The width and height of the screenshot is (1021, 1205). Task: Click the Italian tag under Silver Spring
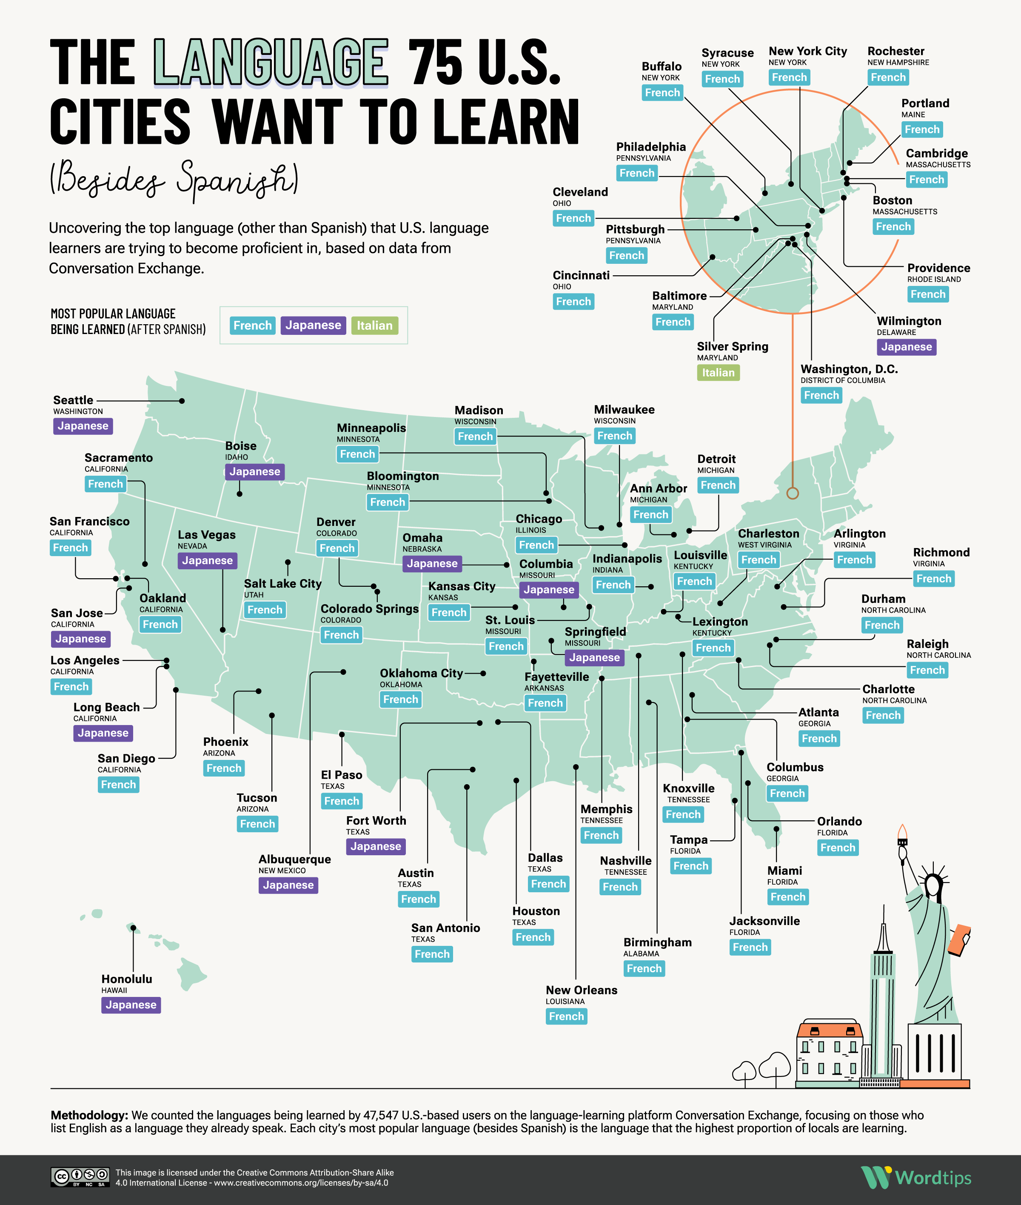click(x=718, y=373)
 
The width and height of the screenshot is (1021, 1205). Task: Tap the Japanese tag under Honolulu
click(x=131, y=1005)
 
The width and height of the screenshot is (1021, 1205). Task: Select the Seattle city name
click(x=73, y=400)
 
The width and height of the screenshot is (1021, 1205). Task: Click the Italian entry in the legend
click(x=374, y=325)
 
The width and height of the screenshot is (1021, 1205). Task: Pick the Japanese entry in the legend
click(x=313, y=325)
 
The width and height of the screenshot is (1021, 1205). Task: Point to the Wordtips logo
click(x=915, y=1177)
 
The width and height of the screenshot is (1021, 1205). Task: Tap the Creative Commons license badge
click(x=80, y=1177)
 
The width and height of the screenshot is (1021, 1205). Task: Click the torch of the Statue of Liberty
click(x=902, y=834)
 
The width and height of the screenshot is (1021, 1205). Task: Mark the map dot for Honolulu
click(x=133, y=928)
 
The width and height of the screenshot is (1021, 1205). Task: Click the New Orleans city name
click(x=581, y=990)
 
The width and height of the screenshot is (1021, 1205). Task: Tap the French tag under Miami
click(x=788, y=897)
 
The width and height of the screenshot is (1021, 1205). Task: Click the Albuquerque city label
click(x=295, y=859)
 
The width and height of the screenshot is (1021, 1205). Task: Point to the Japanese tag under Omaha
click(x=432, y=564)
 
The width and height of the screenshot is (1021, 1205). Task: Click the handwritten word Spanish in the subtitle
click(x=237, y=178)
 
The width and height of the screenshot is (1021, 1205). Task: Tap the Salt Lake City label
click(x=282, y=584)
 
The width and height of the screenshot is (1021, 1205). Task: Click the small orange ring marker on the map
click(x=793, y=493)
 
